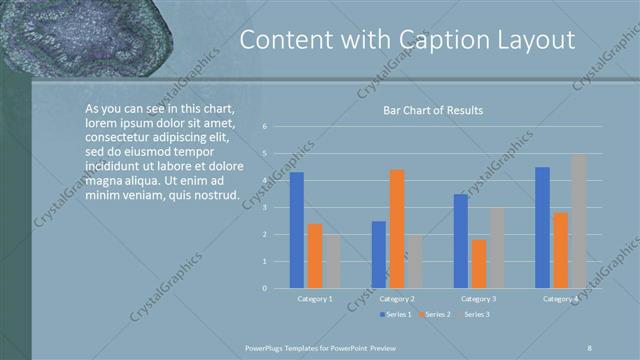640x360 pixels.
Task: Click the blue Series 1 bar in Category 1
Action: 296,231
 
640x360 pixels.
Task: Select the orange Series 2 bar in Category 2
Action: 397,229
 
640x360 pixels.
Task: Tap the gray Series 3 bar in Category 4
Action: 578,221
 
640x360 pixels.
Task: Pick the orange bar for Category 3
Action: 479,264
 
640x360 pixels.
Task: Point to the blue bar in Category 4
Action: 542,228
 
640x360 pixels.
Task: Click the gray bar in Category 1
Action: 332,262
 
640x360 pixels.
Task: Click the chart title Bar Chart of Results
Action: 433,110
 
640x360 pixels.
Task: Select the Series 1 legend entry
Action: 398,315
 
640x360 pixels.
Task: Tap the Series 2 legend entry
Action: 436,315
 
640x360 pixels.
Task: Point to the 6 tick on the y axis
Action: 265,127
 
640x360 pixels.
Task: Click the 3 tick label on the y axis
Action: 265,208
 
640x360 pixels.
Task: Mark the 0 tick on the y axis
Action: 265,288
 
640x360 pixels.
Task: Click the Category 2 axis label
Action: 397,299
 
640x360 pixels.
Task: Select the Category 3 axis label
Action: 479,299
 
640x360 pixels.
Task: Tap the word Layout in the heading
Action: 537,40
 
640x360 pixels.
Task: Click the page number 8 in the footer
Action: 590,346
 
